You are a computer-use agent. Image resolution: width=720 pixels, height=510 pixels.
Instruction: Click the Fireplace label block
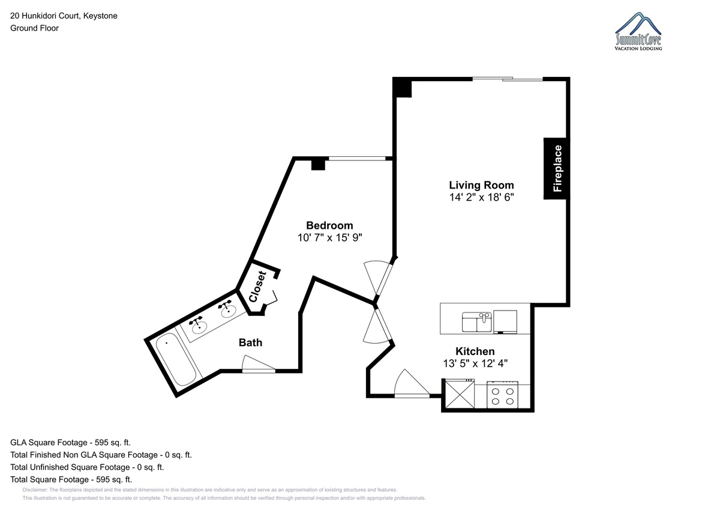[557, 169]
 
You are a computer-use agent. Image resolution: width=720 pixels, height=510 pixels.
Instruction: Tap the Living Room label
[481, 185]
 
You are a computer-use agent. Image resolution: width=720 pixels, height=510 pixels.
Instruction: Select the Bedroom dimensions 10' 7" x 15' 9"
[329, 237]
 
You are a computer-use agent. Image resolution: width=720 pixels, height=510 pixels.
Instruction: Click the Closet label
[257, 287]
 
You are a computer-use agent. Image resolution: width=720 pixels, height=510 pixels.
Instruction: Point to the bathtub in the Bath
[176, 359]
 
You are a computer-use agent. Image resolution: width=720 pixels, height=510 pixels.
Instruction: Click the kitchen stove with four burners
[502, 395]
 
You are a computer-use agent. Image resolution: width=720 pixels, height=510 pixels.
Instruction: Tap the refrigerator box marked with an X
[460, 393]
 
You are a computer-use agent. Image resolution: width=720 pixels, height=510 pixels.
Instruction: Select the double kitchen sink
[476, 322]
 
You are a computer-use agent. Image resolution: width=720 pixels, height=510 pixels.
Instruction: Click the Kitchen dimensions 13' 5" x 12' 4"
[475, 363]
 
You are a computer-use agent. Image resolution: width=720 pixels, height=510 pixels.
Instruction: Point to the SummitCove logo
[638, 31]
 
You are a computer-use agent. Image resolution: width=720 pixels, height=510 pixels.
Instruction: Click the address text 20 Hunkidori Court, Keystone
[64, 16]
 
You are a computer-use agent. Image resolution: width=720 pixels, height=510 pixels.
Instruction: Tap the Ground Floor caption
[34, 28]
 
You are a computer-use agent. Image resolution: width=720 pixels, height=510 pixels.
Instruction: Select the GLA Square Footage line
[70, 443]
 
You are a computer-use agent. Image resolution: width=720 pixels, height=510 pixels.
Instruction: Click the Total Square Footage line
[71, 479]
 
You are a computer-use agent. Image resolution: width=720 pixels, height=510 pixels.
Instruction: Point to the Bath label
[250, 342]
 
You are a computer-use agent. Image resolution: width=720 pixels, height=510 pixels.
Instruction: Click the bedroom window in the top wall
[357, 159]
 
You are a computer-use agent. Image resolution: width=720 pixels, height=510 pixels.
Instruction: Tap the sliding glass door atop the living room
[508, 79]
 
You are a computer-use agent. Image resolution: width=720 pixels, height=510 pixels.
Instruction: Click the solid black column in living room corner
[402, 87]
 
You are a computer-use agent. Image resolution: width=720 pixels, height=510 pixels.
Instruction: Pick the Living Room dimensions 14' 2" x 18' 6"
[481, 197]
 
